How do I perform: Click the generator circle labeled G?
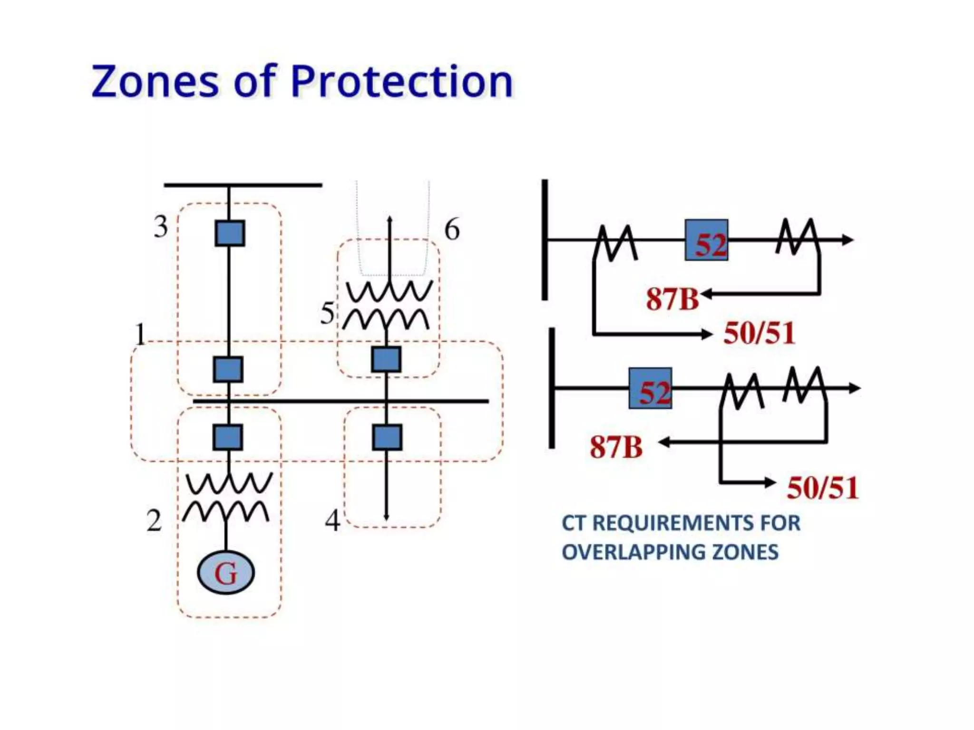226,573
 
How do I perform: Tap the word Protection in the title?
402,82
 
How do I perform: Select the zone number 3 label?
161,227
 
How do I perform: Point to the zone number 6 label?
452,230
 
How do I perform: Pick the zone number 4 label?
332,521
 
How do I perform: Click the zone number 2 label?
154,521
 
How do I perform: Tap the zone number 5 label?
327,314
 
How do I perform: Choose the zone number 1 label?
140,335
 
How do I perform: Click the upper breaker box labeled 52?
707,240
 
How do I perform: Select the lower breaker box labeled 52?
651,389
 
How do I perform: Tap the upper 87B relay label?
672,299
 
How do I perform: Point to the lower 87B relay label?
616,448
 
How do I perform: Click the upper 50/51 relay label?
760,333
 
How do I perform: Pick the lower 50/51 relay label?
823,488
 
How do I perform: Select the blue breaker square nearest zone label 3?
230,233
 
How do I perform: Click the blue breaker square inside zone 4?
387,437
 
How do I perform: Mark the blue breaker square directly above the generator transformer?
228,437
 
